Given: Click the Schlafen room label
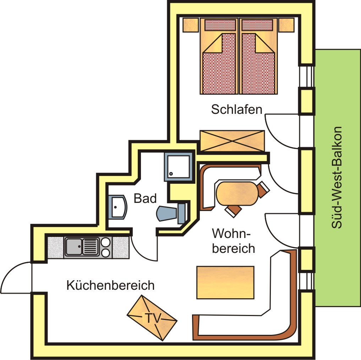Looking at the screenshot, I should click(236, 109).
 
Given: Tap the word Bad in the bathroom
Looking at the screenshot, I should click(145, 199).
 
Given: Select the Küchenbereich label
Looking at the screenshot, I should click(110, 285).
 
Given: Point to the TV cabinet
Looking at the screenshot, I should click(152, 317).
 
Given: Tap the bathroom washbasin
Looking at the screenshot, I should click(117, 207).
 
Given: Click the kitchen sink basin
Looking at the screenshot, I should click(73, 247).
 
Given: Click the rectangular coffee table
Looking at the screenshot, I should click(225, 282).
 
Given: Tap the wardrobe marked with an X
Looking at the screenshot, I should click(232, 141).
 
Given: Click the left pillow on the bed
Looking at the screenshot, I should click(220, 25).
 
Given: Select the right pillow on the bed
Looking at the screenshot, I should click(257, 25).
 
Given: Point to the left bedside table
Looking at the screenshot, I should click(191, 25).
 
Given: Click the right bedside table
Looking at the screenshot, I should click(286, 25).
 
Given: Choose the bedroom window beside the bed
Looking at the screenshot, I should click(307, 76).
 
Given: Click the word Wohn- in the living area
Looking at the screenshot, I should click(231, 234).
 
